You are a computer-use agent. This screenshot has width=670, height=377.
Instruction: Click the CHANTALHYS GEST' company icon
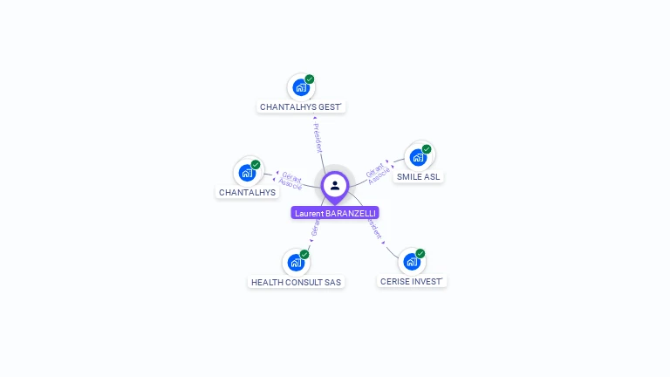[x=300, y=87]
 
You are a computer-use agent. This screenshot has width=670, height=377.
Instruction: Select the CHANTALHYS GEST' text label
[x=302, y=107]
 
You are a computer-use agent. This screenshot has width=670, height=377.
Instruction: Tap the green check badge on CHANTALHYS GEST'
[x=310, y=79]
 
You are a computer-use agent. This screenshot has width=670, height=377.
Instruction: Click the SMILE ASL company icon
[x=418, y=157]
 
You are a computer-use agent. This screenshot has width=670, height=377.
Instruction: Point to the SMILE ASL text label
[x=419, y=176]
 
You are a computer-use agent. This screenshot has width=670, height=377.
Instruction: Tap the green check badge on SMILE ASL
[x=427, y=149]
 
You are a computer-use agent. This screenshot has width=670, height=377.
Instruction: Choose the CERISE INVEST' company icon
[x=412, y=261]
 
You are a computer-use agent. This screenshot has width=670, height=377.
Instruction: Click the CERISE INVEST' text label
[x=413, y=281]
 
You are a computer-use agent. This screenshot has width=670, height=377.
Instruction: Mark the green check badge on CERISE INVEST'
[x=420, y=253]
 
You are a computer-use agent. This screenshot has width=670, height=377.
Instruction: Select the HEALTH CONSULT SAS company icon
[x=296, y=262]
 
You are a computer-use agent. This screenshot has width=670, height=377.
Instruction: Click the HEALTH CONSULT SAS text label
[x=296, y=282]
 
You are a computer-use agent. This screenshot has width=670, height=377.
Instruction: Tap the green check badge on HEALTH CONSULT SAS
[x=304, y=254]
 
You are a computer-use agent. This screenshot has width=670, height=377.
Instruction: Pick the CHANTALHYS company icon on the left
[x=247, y=172]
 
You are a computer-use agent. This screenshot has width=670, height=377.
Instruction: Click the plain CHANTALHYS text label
[x=247, y=192]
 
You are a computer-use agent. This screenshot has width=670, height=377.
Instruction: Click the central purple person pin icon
[x=335, y=185]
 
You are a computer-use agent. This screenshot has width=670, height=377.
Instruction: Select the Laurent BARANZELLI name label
[x=335, y=213]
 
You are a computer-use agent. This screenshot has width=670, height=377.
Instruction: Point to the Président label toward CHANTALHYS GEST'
[x=317, y=137]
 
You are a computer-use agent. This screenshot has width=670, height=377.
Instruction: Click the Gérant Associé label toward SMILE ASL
[x=378, y=172]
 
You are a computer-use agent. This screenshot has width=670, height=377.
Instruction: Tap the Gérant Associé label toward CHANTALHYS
[x=291, y=181]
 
